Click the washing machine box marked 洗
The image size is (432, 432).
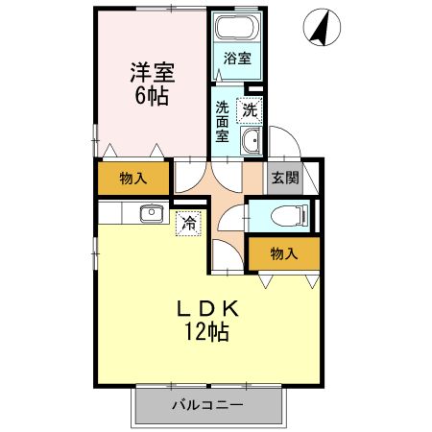coord(250,110)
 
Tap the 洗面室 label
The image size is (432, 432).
coord(223,123)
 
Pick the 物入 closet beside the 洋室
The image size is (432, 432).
coord(133,178)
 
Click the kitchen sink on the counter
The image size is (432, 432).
coord(150,213)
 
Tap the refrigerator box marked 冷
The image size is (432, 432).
coord(189,223)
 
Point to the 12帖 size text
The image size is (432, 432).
coord(206,332)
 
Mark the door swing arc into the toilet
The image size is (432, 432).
coord(230,217)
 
